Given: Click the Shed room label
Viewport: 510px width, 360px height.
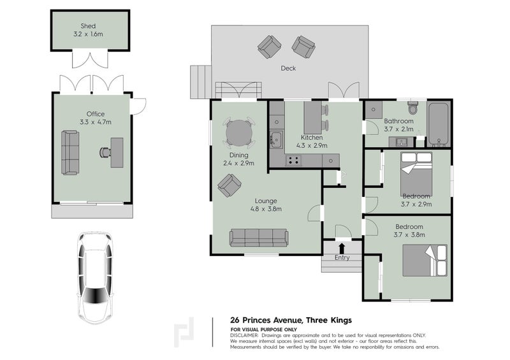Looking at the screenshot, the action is click(x=88, y=25).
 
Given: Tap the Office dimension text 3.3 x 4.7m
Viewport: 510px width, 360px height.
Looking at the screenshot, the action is click(x=96, y=122).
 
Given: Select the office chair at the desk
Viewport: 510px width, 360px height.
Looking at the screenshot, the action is click(x=105, y=152).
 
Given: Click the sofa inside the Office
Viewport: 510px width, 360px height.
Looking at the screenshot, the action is click(x=70, y=152).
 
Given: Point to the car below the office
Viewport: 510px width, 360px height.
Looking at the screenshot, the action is click(x=95, y=278).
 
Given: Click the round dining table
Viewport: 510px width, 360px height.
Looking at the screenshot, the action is click(x=239, y=133).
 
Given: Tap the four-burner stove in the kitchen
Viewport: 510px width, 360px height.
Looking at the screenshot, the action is click(x=293, y=161).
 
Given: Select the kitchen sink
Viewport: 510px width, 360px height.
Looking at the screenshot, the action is click(x=277, y=140).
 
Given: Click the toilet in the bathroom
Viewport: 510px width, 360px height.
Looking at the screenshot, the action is click(x=412, y=108).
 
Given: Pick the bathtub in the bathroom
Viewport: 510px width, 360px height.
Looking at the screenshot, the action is click(x=439, y=124).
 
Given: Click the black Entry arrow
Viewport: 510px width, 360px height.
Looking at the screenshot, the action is click(x=342, y=248).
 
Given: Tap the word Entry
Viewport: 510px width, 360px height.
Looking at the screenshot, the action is click(x=342, y=257).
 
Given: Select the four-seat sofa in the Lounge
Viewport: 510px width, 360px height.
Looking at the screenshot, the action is click(x=259, y=238).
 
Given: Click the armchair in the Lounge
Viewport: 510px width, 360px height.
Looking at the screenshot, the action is click(x=229, y=185).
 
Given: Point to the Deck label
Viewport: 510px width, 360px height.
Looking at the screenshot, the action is click(x=288, y=68).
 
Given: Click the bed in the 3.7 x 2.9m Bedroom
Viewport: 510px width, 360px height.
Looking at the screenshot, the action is click(x=416, y=174).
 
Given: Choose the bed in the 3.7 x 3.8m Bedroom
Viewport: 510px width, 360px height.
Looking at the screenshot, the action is click(x=425, y=261).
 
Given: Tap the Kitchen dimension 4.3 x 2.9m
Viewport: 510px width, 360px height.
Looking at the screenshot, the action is click(x=312, y=146).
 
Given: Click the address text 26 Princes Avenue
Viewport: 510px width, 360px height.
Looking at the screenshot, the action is click(x=266, y=320).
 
